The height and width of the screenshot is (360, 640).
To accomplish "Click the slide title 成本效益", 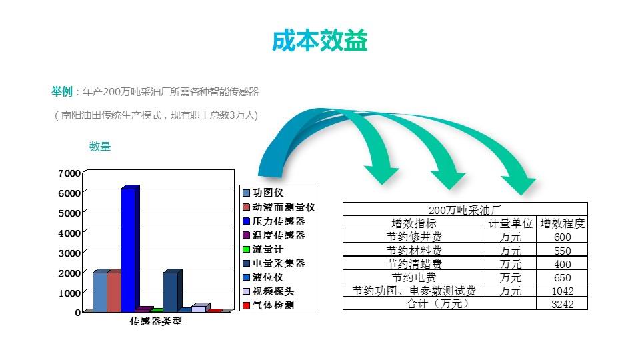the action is (x=319, y=41).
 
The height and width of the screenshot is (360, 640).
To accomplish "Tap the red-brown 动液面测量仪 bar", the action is (x=114, y=291).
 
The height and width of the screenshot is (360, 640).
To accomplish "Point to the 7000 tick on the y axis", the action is (x=69, y=173).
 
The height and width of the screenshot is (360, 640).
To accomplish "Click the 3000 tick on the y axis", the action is (x=69, y=253).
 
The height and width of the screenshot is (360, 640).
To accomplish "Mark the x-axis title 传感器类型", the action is (x=156, y=321).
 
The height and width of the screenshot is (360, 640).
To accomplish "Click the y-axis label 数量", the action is (x=100, y=147).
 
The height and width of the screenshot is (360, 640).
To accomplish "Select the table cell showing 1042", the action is (x=563, y=291).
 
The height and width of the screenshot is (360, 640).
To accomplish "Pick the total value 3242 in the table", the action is (x=563, y=304).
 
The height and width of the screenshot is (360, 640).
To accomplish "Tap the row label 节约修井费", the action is (x=414, y=237).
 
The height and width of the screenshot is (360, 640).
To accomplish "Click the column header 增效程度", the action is (x=563, y=223).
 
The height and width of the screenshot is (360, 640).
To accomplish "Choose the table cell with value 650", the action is (x=563, y=277).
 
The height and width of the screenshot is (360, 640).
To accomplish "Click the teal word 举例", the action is (x=62, y=91).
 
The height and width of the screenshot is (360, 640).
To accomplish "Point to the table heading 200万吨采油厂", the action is (x=465, y=210).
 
